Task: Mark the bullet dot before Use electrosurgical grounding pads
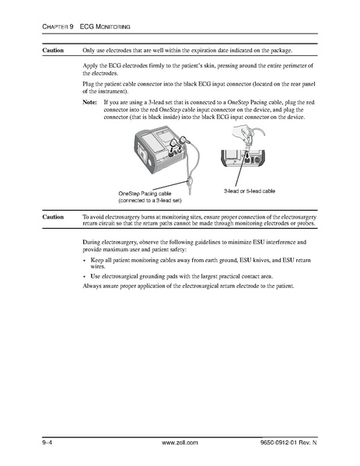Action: tap(85, 276)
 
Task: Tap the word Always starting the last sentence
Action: tap(93, 287)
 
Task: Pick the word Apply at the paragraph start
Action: tap(90, 68)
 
